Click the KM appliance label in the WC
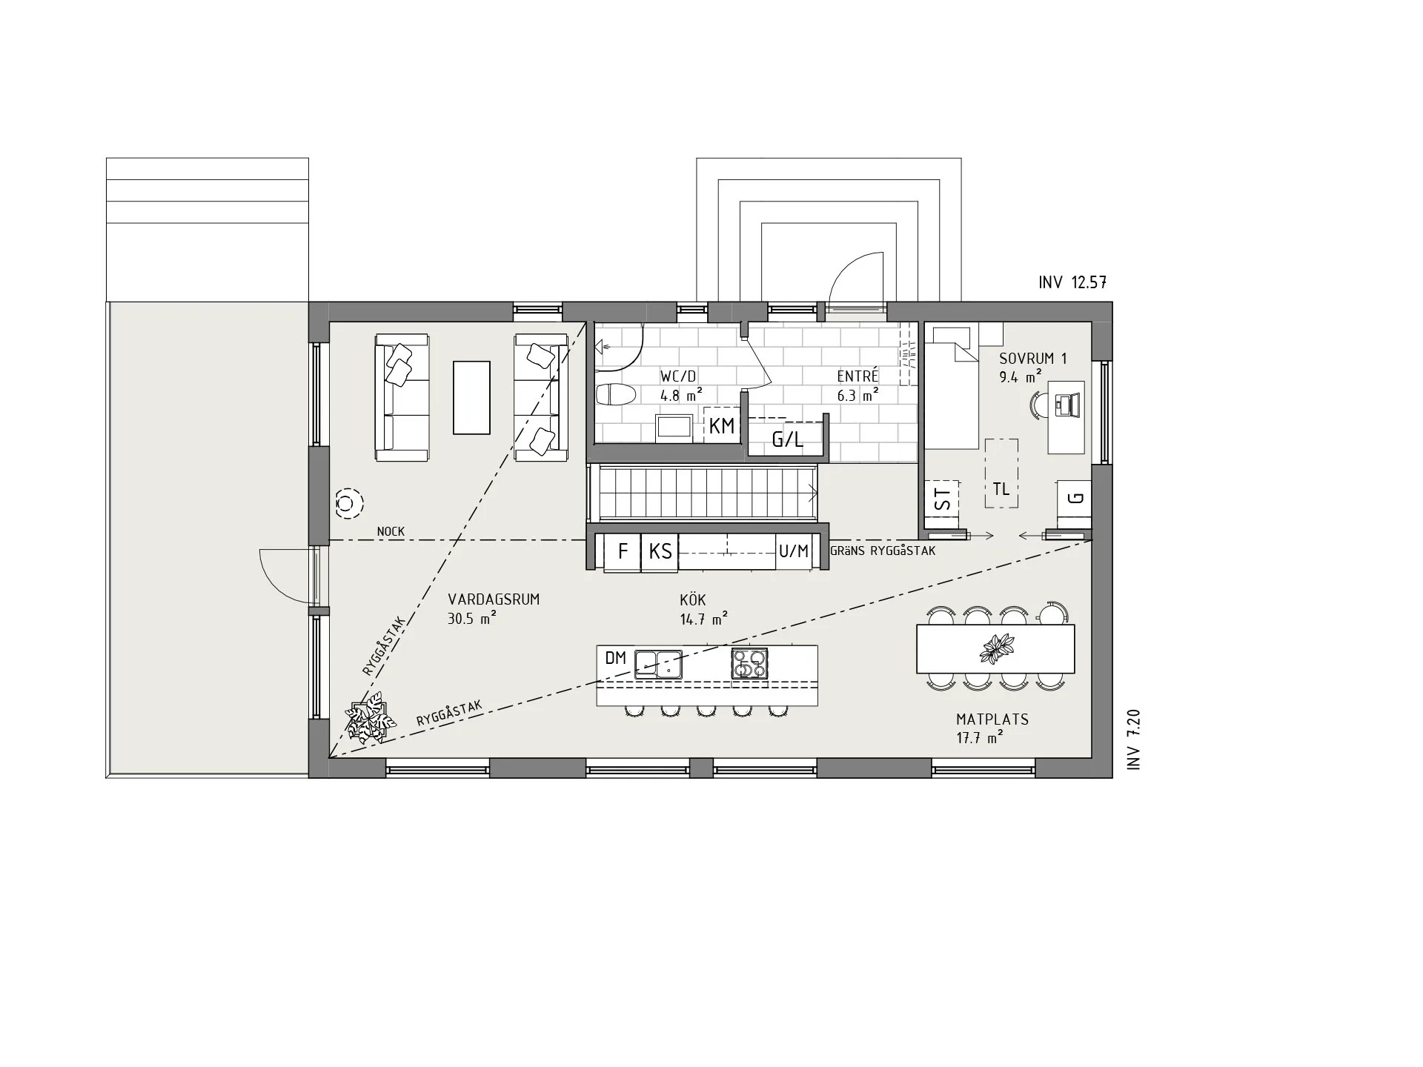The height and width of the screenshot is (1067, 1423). [722, 426]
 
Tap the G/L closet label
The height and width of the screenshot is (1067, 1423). [787, 440]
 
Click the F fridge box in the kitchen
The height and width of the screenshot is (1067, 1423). [623, 552]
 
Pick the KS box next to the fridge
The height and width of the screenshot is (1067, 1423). [660, 552]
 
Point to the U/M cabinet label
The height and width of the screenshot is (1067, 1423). [794, 551]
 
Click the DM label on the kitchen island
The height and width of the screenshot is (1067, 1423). [616, 658]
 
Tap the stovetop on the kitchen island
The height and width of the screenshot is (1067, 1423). [750, 663]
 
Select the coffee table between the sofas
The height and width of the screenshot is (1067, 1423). [471, 397]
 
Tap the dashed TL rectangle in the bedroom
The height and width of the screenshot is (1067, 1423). [1001, 473]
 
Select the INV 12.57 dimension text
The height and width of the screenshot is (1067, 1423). [1072, 282]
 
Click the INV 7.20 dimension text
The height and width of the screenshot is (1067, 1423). [1133, 739]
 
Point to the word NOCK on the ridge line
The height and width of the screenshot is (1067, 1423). [391, 531]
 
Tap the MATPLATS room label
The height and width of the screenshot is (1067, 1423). [992, 719]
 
